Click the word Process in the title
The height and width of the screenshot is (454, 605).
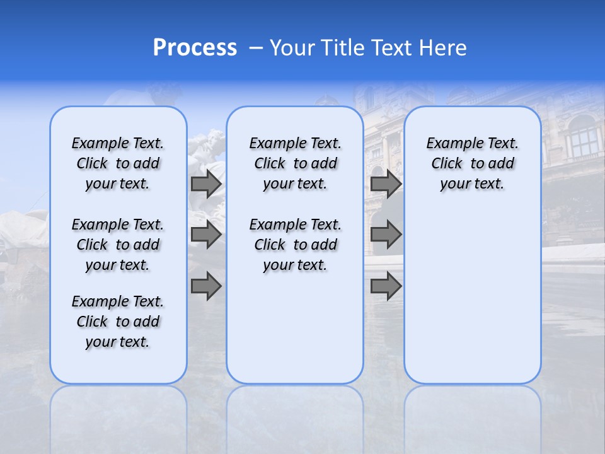195,48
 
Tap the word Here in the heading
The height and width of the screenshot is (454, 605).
443,48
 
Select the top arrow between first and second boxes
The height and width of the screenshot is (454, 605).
206,184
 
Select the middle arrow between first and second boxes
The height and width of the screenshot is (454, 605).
206,235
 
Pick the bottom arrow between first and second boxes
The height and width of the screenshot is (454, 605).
206,286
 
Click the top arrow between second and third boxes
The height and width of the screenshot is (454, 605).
386,184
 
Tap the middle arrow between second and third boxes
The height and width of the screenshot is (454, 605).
386,235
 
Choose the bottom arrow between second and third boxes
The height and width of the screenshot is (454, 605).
386,286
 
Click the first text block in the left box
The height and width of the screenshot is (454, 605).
118,163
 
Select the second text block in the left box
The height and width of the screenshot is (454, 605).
118,245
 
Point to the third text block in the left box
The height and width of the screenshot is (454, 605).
118,322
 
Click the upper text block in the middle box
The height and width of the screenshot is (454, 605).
295,163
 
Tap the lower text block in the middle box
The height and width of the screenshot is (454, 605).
295,245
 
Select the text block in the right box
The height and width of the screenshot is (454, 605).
472,163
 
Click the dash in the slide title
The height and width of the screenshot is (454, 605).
256,48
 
